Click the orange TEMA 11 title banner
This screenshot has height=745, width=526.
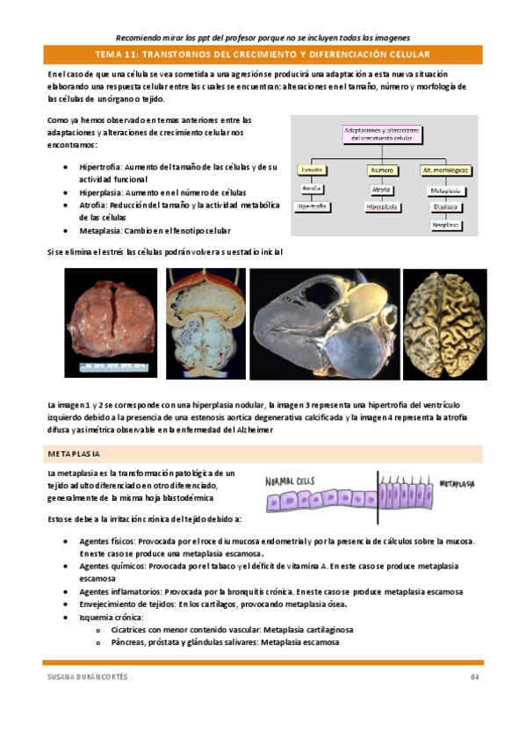[263, 54]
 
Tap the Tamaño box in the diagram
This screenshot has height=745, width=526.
[311, 170]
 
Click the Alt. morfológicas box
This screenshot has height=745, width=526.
[447, 170]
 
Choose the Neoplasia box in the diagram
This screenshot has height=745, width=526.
[447, 225]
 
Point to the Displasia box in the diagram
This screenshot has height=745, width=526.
[447, 207]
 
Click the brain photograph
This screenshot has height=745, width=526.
[443, 322]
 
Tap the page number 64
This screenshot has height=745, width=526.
[474, 676]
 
